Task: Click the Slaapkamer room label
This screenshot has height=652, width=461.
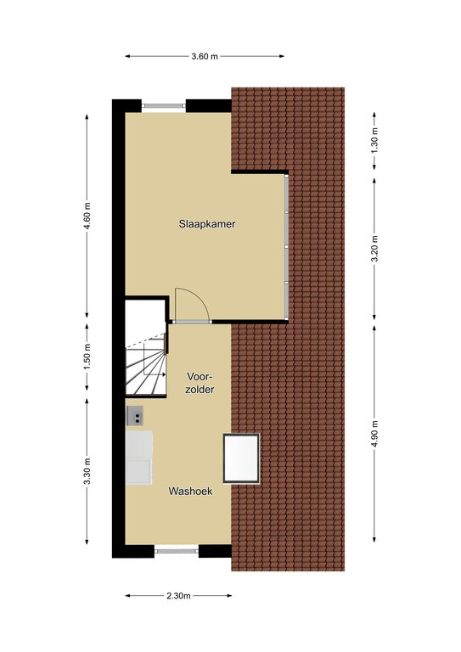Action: coord(207,224)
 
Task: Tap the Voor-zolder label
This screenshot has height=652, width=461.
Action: coord(200,383)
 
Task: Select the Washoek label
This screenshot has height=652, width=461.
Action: coord(190,491)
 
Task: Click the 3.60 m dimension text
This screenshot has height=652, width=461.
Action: coord(205,57)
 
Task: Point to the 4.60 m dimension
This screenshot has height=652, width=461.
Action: coord(87,216)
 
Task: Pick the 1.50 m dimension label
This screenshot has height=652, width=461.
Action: coord(87,357)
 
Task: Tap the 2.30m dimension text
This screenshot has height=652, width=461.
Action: coord(179,596)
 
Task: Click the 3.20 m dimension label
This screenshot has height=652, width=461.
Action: coord(374,249)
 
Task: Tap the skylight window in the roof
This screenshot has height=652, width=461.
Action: coord(241,458)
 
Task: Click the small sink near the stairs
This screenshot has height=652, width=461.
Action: coord(135,416)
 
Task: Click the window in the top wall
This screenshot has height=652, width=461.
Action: coord(164,106)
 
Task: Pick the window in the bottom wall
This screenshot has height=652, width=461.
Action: coord(177,551)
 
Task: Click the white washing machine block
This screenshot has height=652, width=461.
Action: coord(139,458)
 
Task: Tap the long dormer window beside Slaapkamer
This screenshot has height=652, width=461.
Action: coord(286,246)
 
